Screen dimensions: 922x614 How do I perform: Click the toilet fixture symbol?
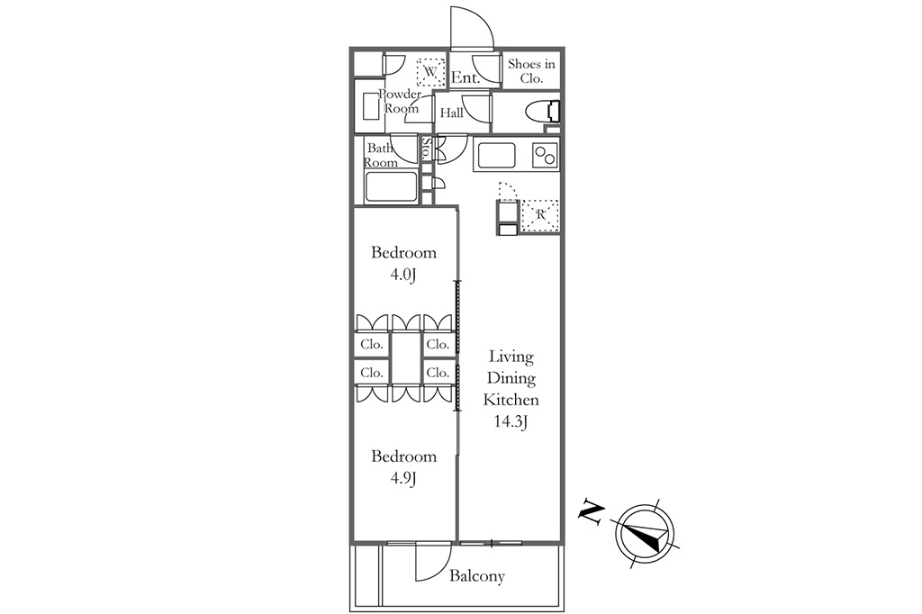[543, 111]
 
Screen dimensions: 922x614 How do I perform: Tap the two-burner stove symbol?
[545, 155]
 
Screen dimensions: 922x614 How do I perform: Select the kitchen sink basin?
[497, 155]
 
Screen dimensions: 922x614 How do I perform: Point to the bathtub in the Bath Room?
[391, 187]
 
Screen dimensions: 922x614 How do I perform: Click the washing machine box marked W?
[431, 72]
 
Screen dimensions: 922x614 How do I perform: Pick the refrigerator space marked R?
[540, 215]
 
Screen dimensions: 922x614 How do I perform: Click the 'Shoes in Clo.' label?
[531, 70]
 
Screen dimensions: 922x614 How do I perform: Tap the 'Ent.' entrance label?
[466, 77]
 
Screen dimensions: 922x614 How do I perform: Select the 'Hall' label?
[452, 113]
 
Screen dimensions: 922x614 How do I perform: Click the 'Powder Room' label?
[401, 101]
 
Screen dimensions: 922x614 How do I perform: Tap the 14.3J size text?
[511, 421]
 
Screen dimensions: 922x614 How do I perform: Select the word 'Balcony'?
[477, 576]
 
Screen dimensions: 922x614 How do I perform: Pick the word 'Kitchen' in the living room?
[511, 400]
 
